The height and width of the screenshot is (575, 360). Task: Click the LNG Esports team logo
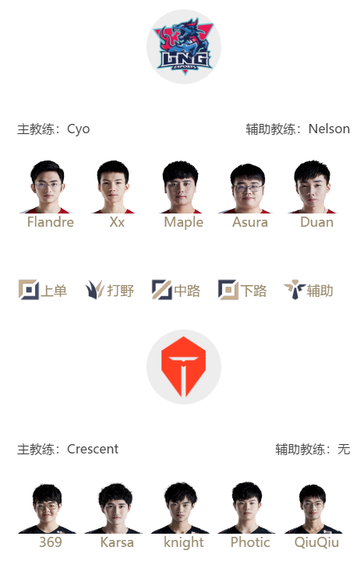click(184, 47)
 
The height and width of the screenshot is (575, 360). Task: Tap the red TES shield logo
click(183, 367)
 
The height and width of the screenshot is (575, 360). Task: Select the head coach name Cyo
click(79, 129)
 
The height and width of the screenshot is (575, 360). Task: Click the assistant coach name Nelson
click(329, 129)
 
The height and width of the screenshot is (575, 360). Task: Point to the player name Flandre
click(51, 222)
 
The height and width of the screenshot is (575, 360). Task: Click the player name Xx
click(117, 222)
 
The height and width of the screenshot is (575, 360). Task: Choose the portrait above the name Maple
click(180, 187)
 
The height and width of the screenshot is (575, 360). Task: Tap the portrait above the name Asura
click(247, 188)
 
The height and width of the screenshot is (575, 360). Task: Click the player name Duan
click(316, 222)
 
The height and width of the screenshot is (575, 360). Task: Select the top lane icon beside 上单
click(29, 290)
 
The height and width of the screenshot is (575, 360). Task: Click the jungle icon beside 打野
click(95, 290)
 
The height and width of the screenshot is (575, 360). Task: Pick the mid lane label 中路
click(187, 291)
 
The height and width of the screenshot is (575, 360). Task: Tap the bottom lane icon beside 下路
click(228, 290)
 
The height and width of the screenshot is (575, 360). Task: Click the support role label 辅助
click(320, 291)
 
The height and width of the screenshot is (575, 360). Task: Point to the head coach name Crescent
click(93, 449)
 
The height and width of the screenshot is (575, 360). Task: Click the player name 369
click(51, 542)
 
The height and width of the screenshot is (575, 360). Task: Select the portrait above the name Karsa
click(114, 508)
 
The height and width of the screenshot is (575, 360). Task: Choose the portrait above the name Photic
click(247, 508)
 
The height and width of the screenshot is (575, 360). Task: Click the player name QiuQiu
click(316, 542)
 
